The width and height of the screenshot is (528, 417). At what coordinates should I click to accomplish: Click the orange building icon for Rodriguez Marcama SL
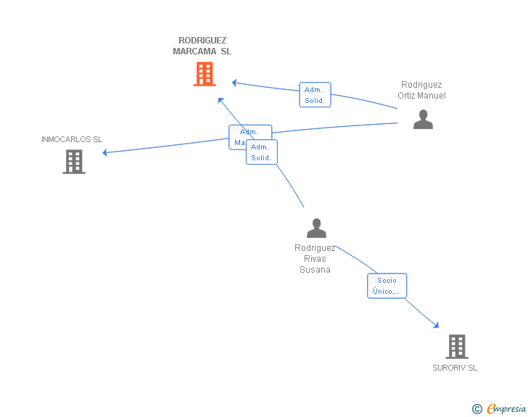click(205, 74)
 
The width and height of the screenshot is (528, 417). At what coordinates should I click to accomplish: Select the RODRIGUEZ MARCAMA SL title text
click(202, 46)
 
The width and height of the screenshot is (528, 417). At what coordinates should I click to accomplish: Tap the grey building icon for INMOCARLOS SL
click(74, 162)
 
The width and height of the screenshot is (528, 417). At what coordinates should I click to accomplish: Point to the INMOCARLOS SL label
click(72, 139)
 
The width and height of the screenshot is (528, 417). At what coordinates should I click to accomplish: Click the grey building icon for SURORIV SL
click(456, 347)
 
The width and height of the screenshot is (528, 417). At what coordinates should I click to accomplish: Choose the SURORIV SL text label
click(455, 368)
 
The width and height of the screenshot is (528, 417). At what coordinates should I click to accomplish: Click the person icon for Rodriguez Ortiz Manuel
click(423, 119)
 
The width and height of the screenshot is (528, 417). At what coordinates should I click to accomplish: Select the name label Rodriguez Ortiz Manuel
click(421, 91)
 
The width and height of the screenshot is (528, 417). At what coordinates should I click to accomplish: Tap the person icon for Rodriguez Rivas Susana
click(316, 228)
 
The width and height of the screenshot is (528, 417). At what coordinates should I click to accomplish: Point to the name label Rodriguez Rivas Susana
click(315, 259)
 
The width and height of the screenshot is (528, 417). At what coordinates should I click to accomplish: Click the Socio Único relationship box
click(387, 286)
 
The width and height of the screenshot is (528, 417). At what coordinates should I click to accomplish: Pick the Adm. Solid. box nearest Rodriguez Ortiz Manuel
click(315, 95)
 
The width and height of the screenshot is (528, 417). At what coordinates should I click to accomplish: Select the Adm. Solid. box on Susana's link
click(262, 152)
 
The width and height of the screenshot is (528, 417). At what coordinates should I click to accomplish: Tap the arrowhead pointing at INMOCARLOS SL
click(106, 152)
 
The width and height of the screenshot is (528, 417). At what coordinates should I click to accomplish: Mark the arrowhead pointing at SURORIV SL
click(435, 325)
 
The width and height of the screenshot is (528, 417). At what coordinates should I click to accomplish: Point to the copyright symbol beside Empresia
click(477, 409)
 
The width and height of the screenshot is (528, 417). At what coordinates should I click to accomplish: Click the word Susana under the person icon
click(315, 270)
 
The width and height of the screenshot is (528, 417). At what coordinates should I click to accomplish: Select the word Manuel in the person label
click(432, 96)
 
